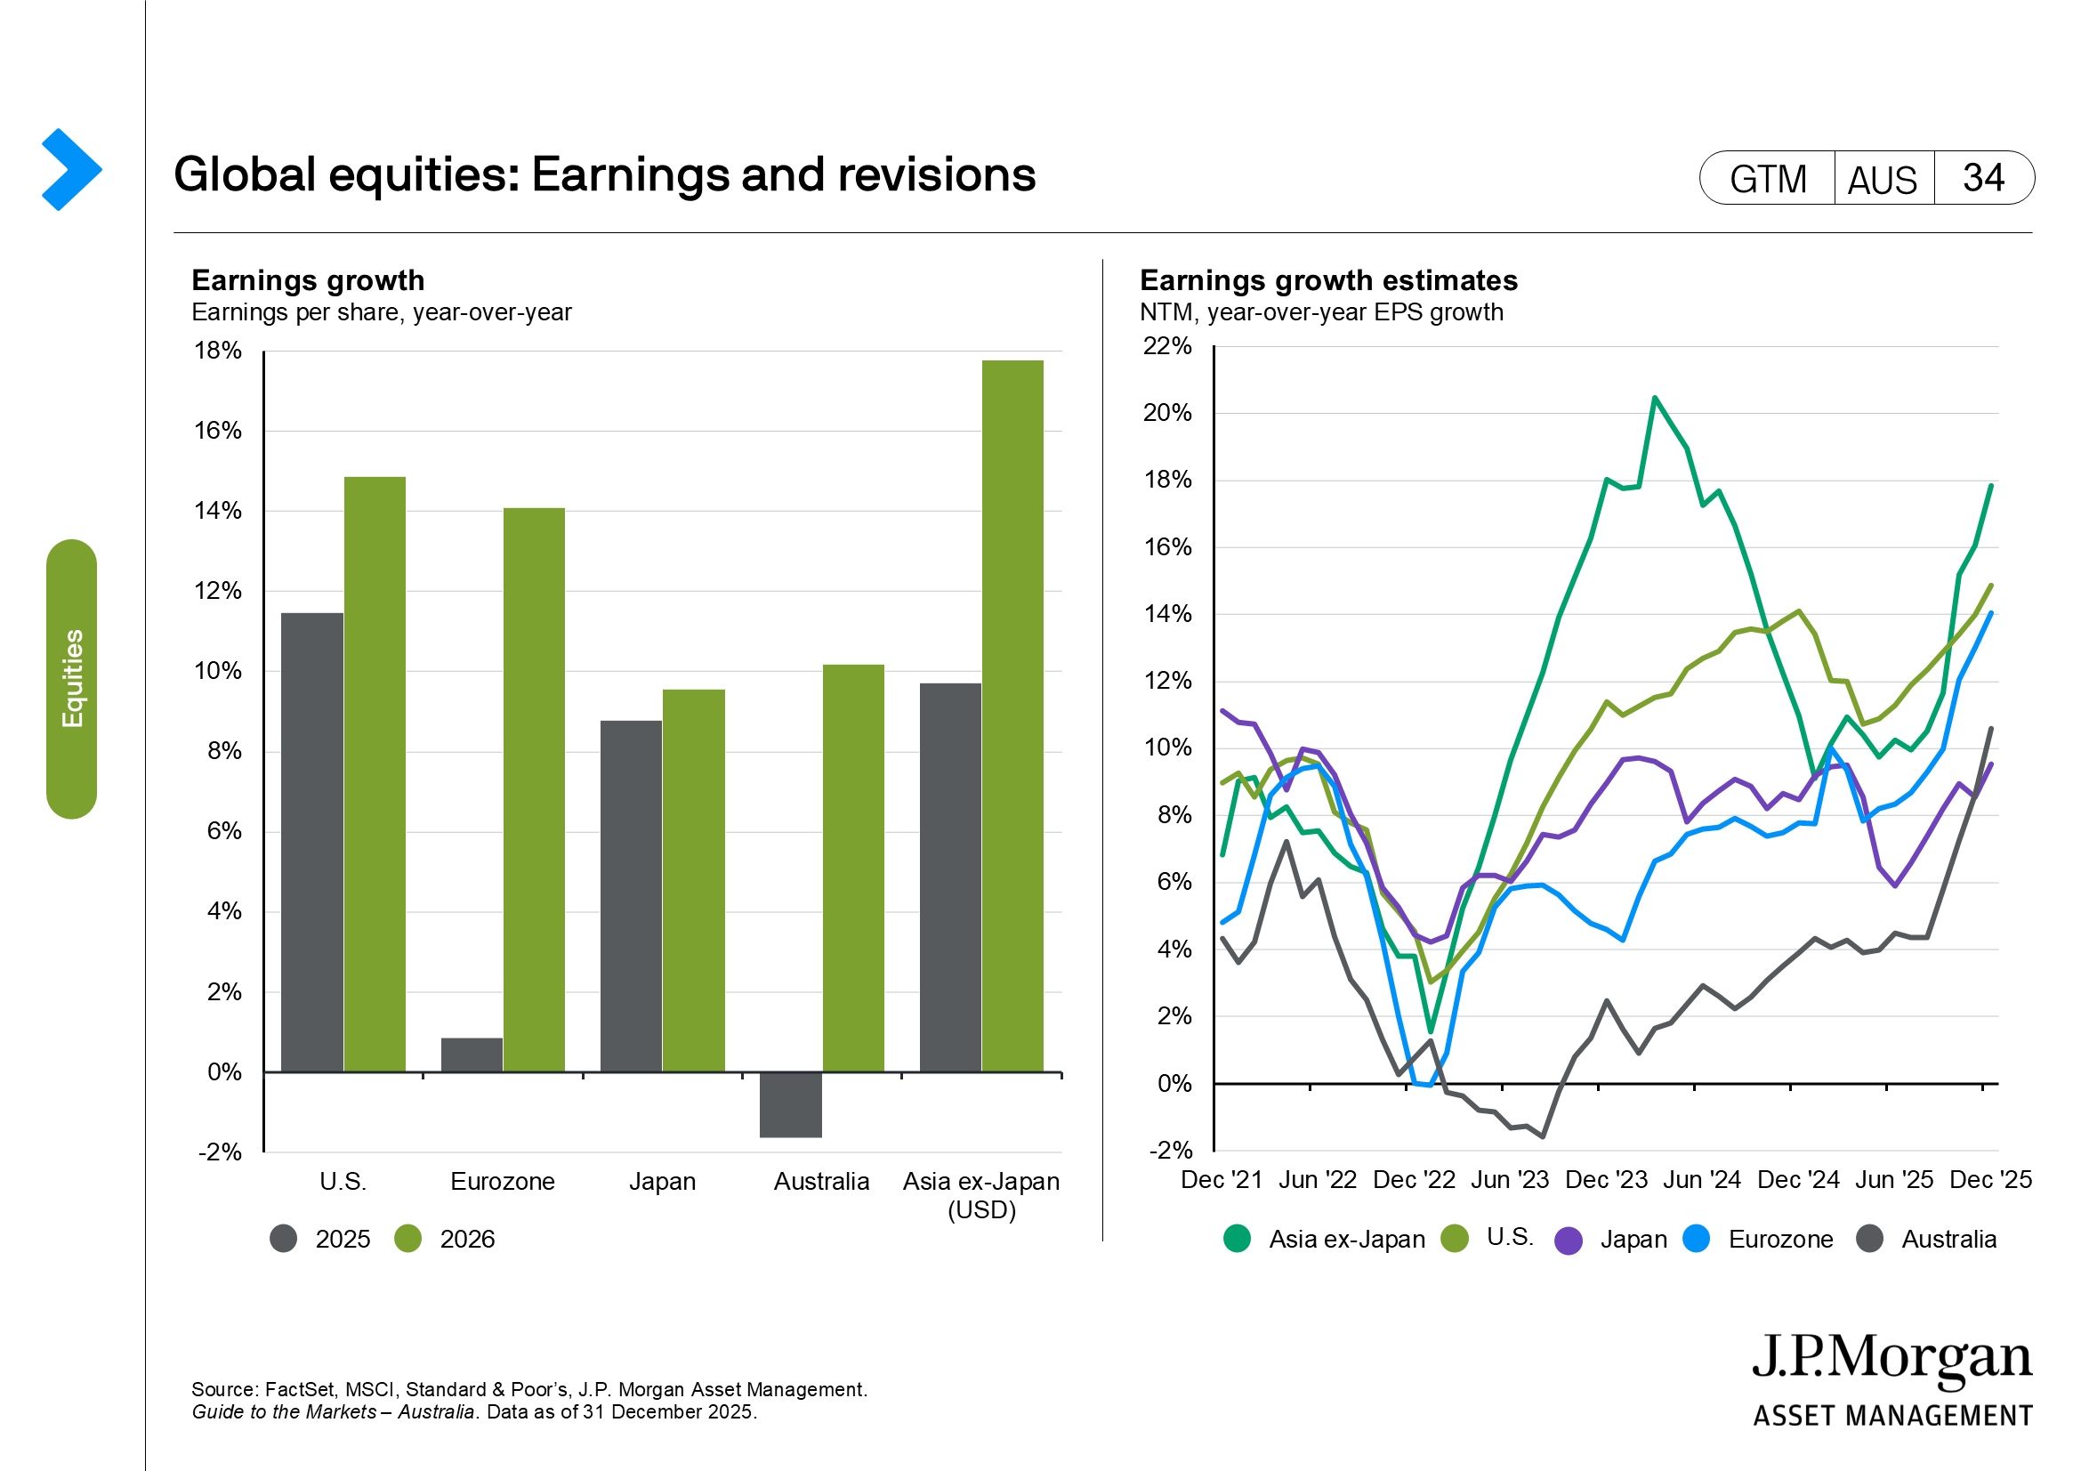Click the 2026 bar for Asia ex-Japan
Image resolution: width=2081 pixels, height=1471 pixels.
1012,716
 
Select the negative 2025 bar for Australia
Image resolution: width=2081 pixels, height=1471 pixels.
790,1105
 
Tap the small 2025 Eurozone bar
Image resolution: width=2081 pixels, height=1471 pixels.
472,1055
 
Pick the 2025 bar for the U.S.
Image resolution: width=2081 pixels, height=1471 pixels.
311,843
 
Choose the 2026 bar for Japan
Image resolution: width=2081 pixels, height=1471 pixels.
693,881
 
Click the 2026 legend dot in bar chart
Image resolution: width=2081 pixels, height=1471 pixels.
407,1239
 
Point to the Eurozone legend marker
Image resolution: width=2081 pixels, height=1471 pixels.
1696,1238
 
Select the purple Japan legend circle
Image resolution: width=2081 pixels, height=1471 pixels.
1568,1240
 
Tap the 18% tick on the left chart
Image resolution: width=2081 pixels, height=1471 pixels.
217,351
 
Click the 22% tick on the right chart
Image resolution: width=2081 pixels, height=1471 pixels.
1167,346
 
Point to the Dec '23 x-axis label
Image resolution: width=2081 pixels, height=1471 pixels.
1606,1179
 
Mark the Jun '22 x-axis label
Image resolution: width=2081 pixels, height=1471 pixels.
1317,1179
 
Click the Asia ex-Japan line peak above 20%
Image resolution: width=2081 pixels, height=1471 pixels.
1654,398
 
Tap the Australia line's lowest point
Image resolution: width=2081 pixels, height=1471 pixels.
1543,1136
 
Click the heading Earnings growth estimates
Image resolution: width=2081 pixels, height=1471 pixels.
1328,280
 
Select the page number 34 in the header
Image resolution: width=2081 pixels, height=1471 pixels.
1983,178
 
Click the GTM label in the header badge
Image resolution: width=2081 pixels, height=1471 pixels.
1768,179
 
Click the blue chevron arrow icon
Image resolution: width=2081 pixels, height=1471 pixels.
71,169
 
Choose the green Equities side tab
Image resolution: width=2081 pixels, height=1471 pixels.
71,679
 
